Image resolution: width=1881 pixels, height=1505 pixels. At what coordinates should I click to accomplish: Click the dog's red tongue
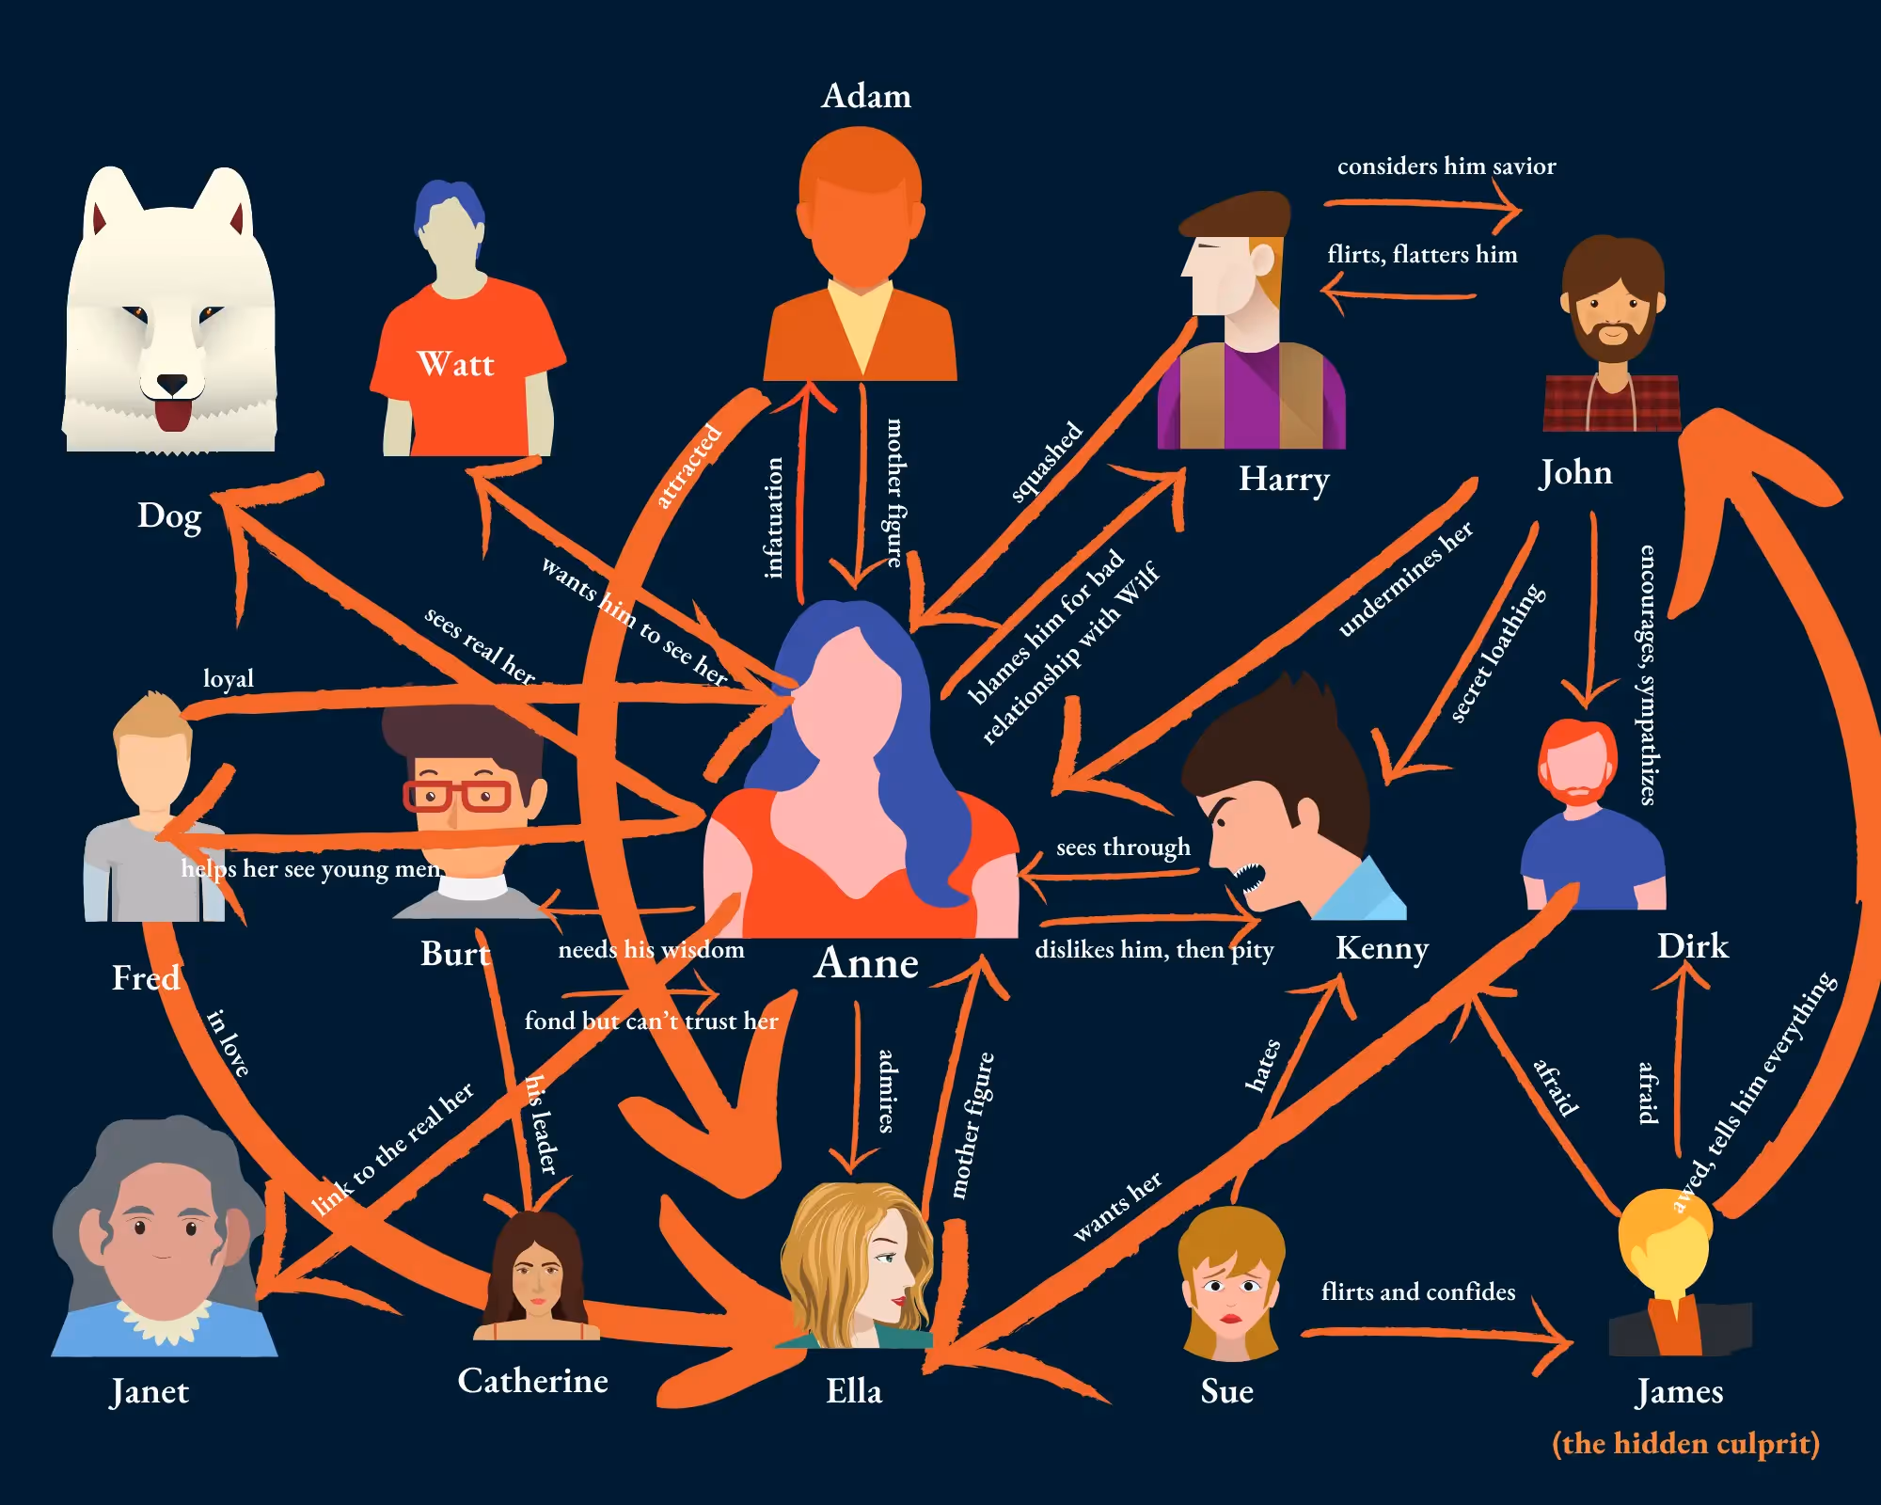172,414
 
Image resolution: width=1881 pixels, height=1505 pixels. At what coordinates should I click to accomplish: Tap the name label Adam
865,96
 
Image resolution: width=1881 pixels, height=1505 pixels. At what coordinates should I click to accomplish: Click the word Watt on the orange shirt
455,364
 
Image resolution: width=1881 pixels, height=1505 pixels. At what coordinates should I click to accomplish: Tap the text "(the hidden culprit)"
1685,1443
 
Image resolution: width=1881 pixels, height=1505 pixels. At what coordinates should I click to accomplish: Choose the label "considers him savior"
1446,166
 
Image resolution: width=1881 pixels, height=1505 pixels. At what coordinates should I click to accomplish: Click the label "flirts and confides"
1417,1291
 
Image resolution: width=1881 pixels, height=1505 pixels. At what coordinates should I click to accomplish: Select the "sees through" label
1123,848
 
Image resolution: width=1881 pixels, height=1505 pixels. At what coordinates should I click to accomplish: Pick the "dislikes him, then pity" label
1154,949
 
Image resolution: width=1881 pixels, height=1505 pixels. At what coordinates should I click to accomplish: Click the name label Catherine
532,1381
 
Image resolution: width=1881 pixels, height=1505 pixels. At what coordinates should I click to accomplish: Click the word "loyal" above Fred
229,678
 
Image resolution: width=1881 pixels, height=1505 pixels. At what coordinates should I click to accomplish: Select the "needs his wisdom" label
651,949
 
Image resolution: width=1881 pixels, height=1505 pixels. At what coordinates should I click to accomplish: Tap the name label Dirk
1692,946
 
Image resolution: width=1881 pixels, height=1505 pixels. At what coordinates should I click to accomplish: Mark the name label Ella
854,1391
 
